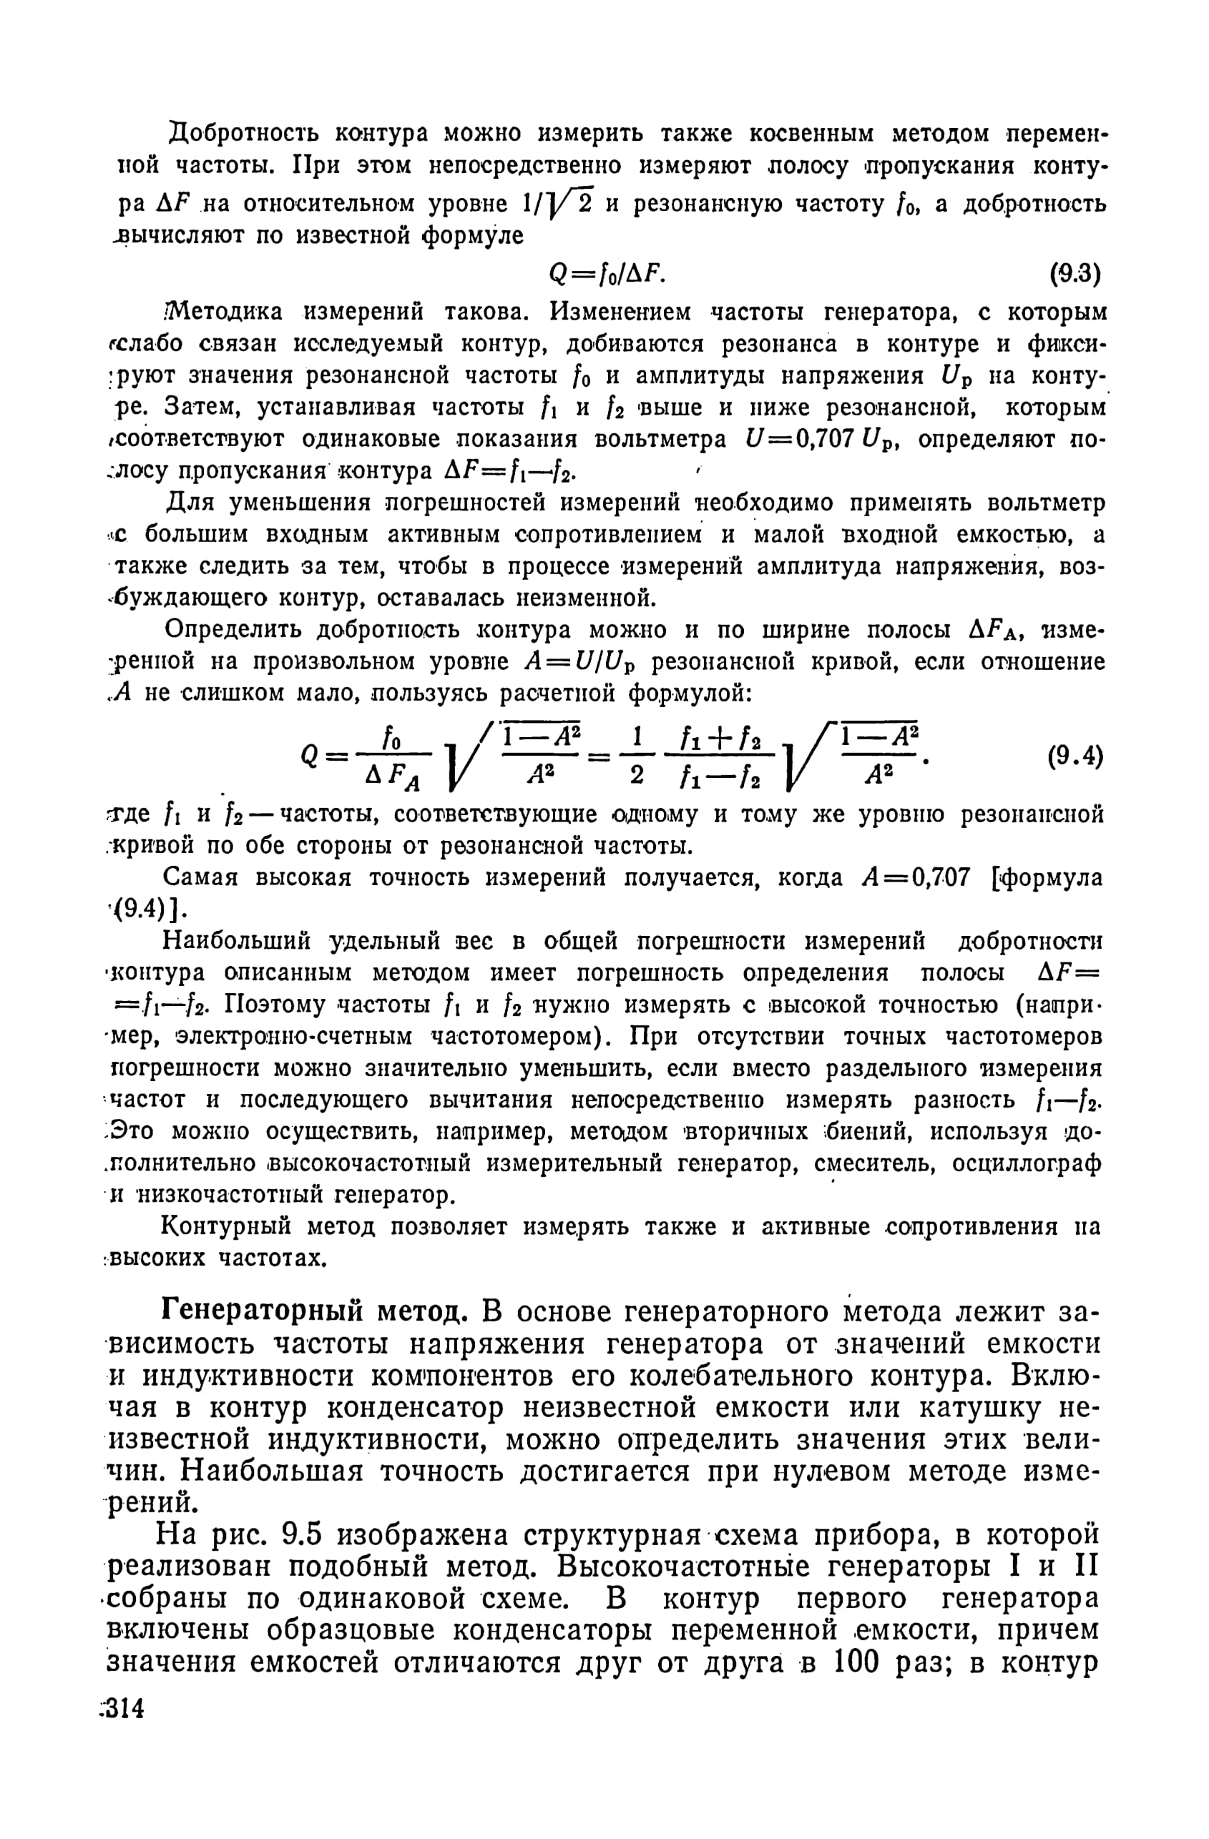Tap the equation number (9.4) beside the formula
coord(1074,756)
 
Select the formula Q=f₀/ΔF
coord(606,274)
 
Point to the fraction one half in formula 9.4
coord(637,756)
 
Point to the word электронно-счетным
coord(298,1036)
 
